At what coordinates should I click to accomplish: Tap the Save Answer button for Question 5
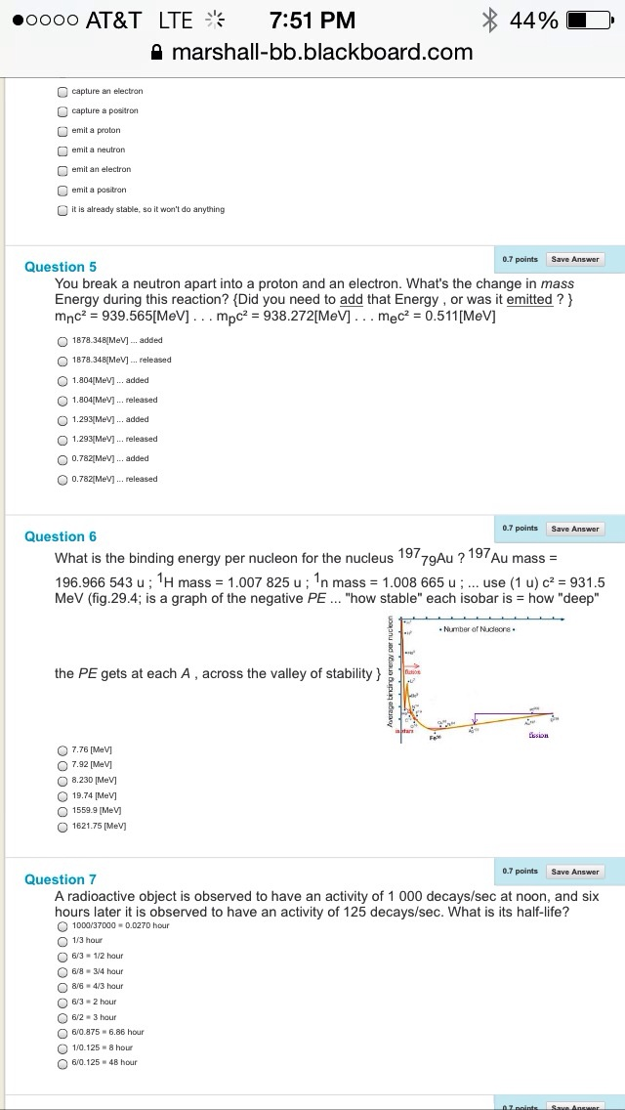pyautogui.click(x=574, y=259)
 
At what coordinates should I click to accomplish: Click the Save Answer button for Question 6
pyautogui.click(x=574, y=529)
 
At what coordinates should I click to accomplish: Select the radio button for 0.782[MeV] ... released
pyautogui.click(x=62, y=479)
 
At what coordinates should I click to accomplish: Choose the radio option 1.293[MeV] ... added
pyautogui.click(x=62, y=419)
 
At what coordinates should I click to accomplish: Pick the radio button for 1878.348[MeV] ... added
pyautogui.click(x=62, y=340)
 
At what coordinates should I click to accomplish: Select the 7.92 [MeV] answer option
pyautogui.click(x=62, y=763)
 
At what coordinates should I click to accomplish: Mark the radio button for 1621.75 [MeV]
pyautogui.click(x=62, y=826)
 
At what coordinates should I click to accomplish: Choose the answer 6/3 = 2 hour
pyautogui.click(x=62, y=1002)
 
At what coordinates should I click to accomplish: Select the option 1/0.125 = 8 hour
pyautogui.click(x=62, y=1046)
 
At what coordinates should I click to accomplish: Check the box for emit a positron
pyautogui.click(x=62, y=190)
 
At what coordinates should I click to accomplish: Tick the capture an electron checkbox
pyautogui.click(x=62, y=91)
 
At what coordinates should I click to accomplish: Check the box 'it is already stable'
pyautogui.click(x=62, y=209)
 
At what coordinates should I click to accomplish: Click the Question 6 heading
pyautogui.click(x=61, y=536)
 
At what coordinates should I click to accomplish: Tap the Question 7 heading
pyautogui.click(x=61, y=879)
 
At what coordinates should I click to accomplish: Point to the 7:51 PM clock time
pyautogui.click(x=312, y=20)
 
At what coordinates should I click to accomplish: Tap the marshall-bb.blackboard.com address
pyautogui.click(x=321, y=52)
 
